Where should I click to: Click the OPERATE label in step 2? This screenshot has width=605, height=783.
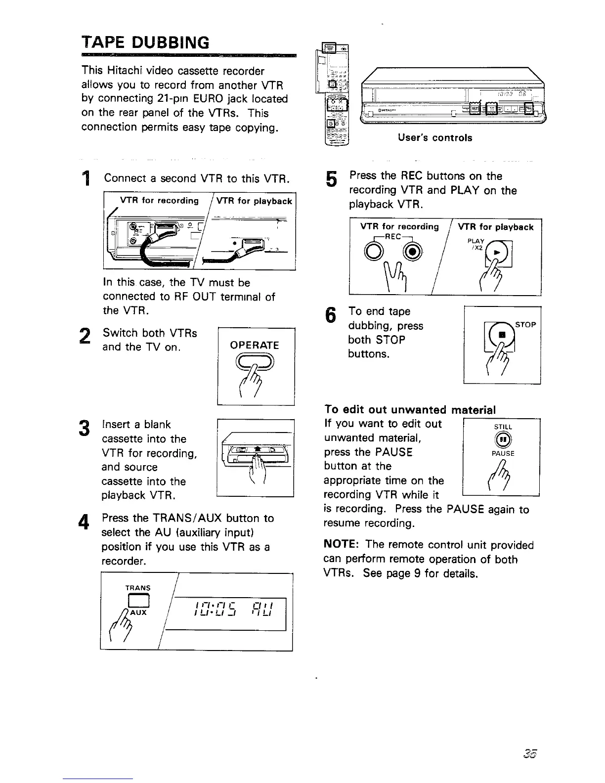[x=255, y=345]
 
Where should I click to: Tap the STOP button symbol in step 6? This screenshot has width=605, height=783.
[x=502, y=335]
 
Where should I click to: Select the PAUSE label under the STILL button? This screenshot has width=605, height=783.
[x=503, y=453]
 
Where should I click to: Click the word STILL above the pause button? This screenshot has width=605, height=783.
[x=503, y=427]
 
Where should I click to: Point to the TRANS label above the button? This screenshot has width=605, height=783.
[x=138, y=588]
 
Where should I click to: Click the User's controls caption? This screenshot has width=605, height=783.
[x=435, y=138]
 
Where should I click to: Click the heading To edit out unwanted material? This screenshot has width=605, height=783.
[x=410, y=410]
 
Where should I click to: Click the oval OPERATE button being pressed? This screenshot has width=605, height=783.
[x=255, y=363]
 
